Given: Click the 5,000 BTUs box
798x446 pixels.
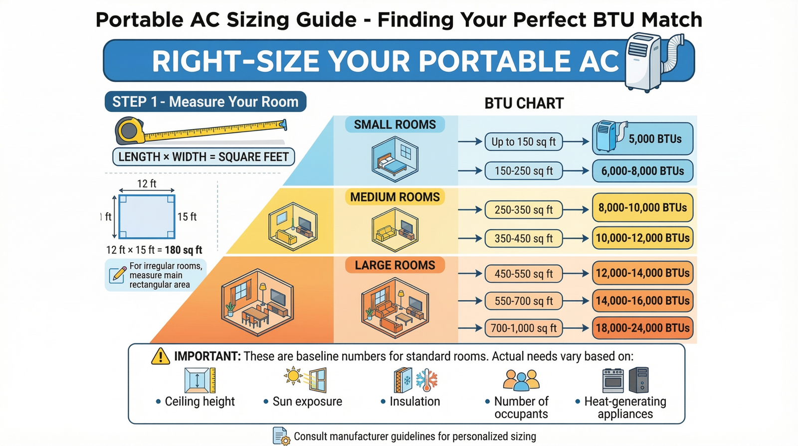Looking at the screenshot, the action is click(643, 138).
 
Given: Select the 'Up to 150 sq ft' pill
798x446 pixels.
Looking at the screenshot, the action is click(523, 142).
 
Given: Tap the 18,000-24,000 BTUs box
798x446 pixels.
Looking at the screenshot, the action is click(643, 328).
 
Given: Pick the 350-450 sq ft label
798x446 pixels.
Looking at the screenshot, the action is click(523, 238).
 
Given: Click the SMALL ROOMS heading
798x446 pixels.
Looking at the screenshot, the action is click(395, 124).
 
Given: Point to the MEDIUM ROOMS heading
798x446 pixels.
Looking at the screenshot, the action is click(395, 197).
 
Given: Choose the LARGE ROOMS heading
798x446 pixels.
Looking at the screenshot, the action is click(395, 265).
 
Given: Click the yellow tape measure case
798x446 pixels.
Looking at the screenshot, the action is click(130, 130).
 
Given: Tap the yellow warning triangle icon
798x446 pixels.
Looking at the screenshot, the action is click(161, 356).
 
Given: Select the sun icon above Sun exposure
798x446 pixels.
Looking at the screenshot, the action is click(293, 376).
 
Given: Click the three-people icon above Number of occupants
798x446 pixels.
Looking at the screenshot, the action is click(521, 380).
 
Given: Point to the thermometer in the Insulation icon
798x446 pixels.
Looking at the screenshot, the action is click(426, 381).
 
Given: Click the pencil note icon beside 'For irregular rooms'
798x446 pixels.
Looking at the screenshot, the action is click(118, 275).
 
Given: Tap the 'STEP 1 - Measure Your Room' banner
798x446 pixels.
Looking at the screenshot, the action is click(205, 102).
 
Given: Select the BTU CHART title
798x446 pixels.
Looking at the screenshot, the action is click(524, 103).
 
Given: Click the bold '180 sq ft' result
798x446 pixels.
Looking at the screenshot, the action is click(184, 250).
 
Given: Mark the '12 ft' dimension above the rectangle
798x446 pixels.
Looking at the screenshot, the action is click(147, 184).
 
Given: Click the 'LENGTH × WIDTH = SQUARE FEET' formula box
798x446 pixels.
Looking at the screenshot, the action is click(203, 157).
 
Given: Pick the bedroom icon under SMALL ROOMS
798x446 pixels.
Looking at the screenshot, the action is click(395, 159).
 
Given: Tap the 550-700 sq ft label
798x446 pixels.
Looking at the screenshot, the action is click(523, 301).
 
